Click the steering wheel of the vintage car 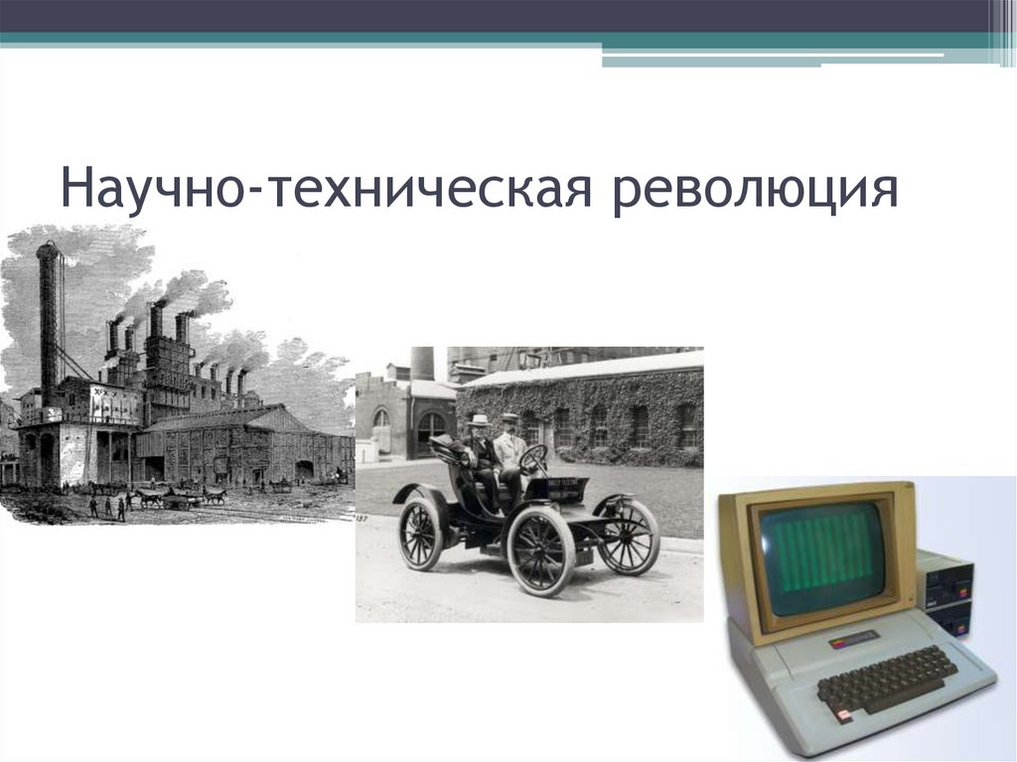[533, 459]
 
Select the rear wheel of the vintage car [420, 533]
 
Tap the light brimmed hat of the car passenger [480, 420]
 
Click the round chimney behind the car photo [422, 362]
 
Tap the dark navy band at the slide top [497, 16]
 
